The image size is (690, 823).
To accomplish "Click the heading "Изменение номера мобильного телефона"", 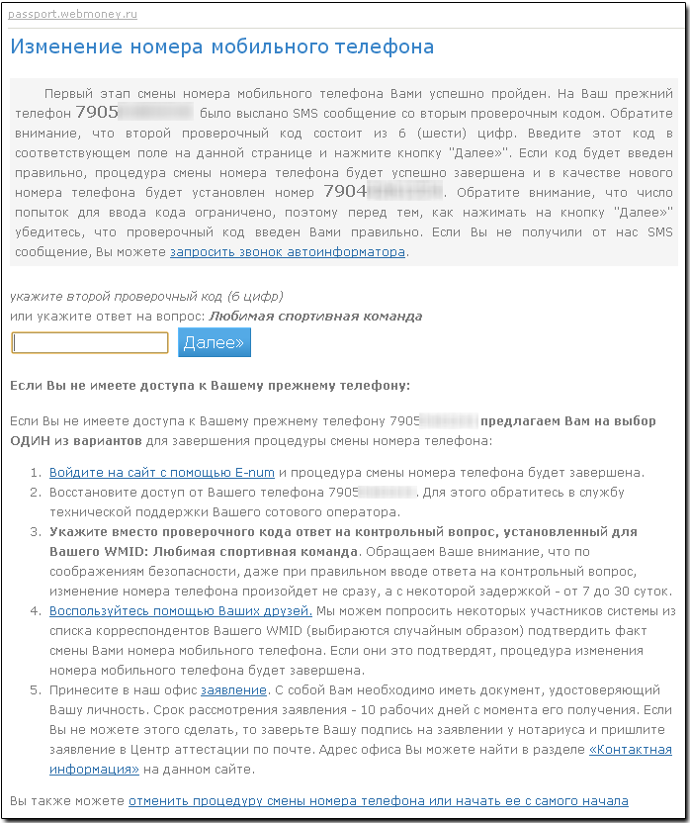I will click(221, 46).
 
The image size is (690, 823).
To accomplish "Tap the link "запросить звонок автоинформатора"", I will click(288, 251).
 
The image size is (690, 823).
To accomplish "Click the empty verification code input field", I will click(90, 342).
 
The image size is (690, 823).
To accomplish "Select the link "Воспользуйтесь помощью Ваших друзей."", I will click(181, 611).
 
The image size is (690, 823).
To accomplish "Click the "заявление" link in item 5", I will click(233, 689).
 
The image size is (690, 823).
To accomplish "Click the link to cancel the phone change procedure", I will click(379, 800).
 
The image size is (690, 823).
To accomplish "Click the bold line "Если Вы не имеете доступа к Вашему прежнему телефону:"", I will click(209, 385).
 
